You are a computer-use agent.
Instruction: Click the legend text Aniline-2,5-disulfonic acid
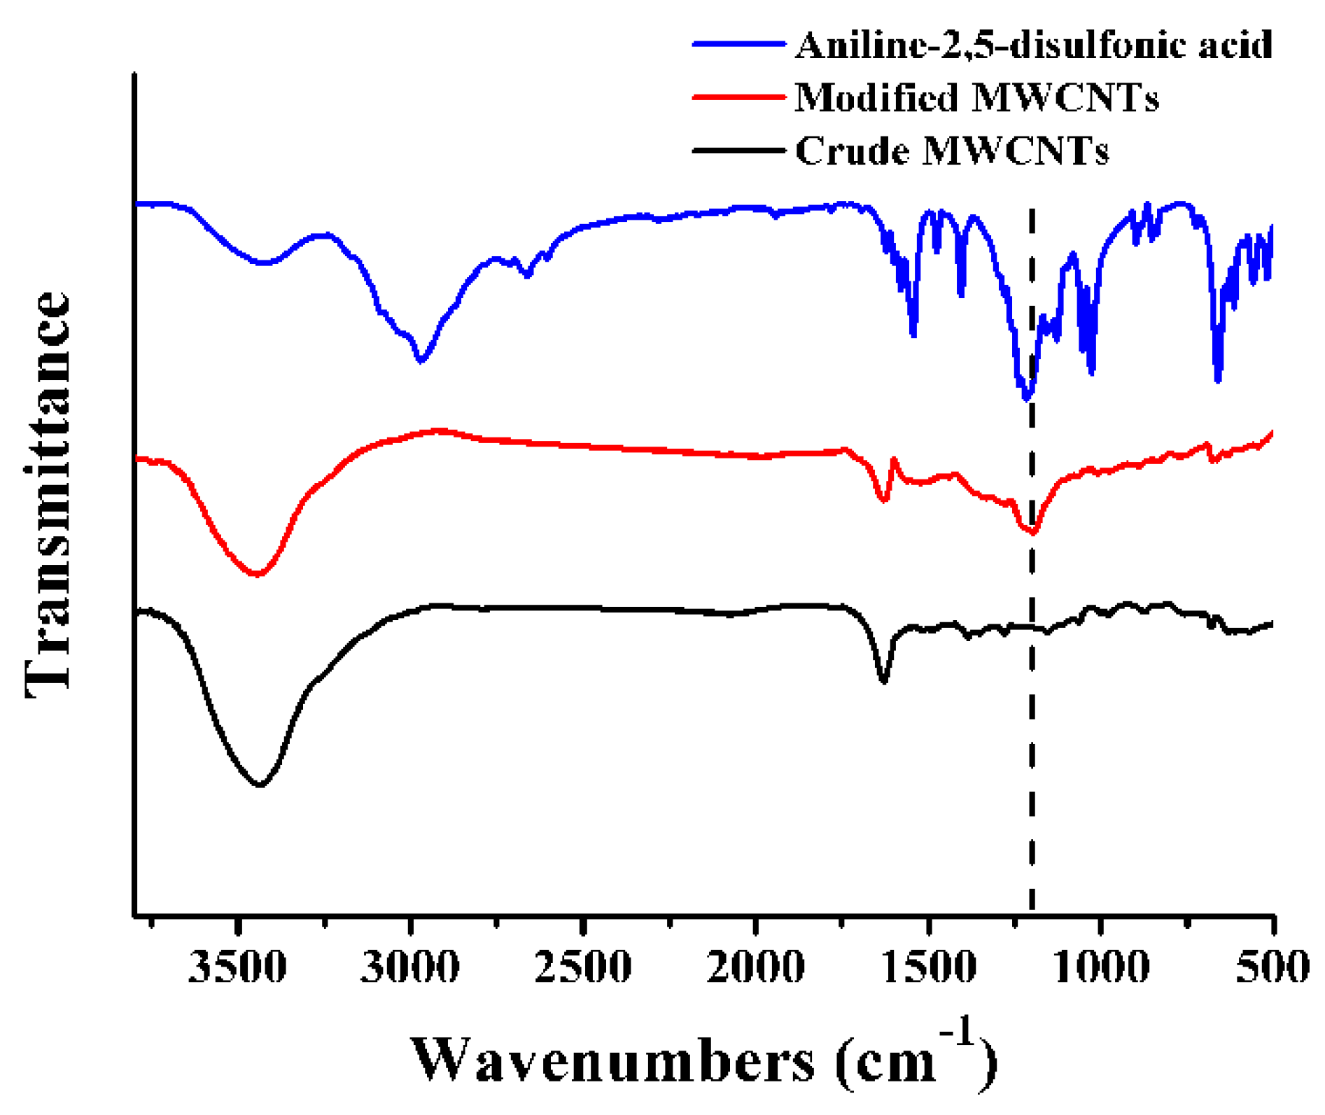(1033, 45)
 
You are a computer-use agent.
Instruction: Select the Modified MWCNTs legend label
(976, 97)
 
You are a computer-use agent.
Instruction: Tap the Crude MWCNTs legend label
(952, 150)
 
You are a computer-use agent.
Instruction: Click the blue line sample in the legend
(738, 44)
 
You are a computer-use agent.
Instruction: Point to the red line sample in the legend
(738, 97)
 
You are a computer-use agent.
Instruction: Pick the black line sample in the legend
(738, 150)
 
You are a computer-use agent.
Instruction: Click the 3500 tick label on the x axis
(237, 967)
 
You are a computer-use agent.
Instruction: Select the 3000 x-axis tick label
(410, 967)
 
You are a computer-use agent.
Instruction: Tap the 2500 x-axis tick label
(582, 967)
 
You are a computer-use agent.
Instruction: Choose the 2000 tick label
(755, 967)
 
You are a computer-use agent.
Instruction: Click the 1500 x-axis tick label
(928, 967)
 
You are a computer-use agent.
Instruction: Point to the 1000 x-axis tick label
(1101, 967)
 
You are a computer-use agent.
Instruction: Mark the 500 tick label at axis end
(1272, 967)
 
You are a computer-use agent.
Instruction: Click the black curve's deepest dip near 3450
(260, 785)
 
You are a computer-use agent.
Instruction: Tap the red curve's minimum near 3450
(258, 574)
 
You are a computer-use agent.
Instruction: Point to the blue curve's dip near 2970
(421, 360)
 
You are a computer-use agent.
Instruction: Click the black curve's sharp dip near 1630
(883, 680)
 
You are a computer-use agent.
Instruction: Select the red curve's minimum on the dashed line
(1032, 533)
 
